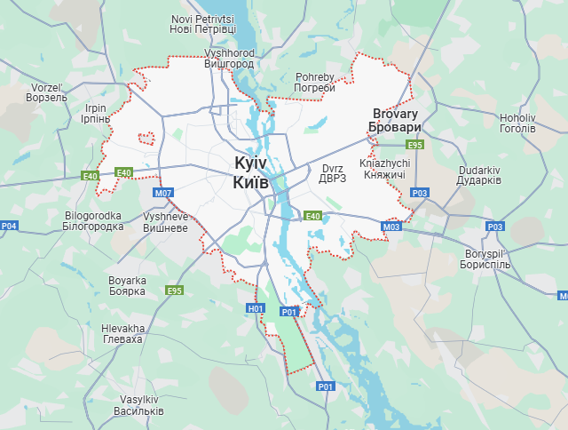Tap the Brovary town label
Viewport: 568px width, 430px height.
tap(395, 121)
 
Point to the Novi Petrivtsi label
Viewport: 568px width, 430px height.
tap(203, 24)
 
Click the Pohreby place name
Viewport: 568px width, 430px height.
tap(315, 82)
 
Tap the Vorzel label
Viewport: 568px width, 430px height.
tap(48, 92)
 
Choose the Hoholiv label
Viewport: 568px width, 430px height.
tap(517, 123)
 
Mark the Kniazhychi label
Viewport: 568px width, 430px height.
tap(384, 169)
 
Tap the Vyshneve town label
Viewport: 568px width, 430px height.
tap(165, 222)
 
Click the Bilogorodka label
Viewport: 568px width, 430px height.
tap(94, 220)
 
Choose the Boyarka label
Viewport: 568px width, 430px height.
tap(126, 285)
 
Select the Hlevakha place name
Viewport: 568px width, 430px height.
tap(122, 334)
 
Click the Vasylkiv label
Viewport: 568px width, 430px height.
tap(138, 405)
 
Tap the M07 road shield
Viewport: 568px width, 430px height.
tap(163, 193)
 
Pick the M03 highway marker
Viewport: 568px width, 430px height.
tap(391, 227)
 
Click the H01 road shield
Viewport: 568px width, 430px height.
tap(256, 308)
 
